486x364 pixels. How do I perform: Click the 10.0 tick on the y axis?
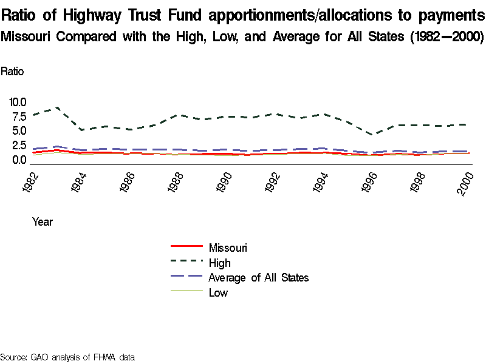pos(18,101)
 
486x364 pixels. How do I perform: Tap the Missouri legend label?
pos(228,248)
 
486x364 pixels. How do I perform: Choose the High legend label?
pos(219,263)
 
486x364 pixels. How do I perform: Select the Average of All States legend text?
pos(259,278)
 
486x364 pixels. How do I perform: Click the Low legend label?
pos(218,293)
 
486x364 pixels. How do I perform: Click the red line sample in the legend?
pos(186,246)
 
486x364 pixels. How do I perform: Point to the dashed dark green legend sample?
pos(186,261)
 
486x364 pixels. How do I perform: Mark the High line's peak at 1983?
pos(57,107)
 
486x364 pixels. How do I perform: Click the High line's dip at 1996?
pos(374,135)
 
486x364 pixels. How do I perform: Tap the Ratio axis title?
pos(12,71)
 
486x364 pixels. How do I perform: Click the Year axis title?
pos(43,222)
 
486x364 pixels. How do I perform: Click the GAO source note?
pos(67,357)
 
